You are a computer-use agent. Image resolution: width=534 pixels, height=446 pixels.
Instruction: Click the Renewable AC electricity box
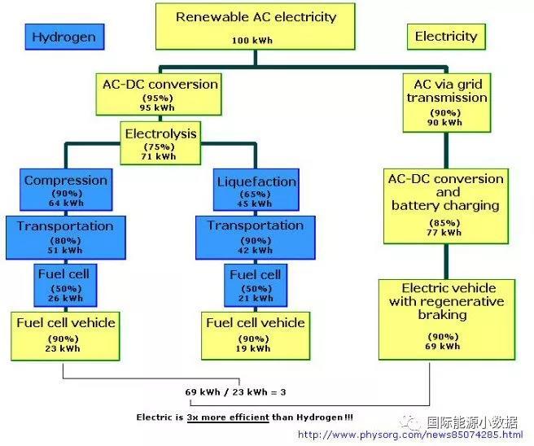tap(255, 26)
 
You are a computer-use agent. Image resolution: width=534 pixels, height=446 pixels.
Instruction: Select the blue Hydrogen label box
tap(63, 37)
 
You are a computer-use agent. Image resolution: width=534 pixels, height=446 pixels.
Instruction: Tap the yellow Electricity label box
tap(445, 37)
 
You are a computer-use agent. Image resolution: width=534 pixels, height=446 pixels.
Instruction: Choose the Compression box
tap(65, 190)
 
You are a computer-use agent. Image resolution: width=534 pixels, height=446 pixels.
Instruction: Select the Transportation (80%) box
tap(65, 236)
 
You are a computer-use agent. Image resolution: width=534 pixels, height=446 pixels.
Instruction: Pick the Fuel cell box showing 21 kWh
tap(254, 283)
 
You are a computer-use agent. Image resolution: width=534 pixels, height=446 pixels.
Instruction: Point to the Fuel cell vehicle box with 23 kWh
tap(66, 334)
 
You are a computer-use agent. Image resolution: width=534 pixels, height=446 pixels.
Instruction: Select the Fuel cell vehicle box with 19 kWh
tap(255, 334)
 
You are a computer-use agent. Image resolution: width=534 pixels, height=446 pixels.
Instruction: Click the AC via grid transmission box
tap(447, 101)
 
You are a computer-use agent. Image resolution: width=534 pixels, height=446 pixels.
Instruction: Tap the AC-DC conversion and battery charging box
tap(447, 205)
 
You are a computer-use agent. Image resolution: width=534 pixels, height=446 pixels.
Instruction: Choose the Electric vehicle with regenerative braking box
tap(448, 317)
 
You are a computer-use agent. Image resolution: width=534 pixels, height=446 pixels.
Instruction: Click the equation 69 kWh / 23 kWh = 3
tap(235, 392)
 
